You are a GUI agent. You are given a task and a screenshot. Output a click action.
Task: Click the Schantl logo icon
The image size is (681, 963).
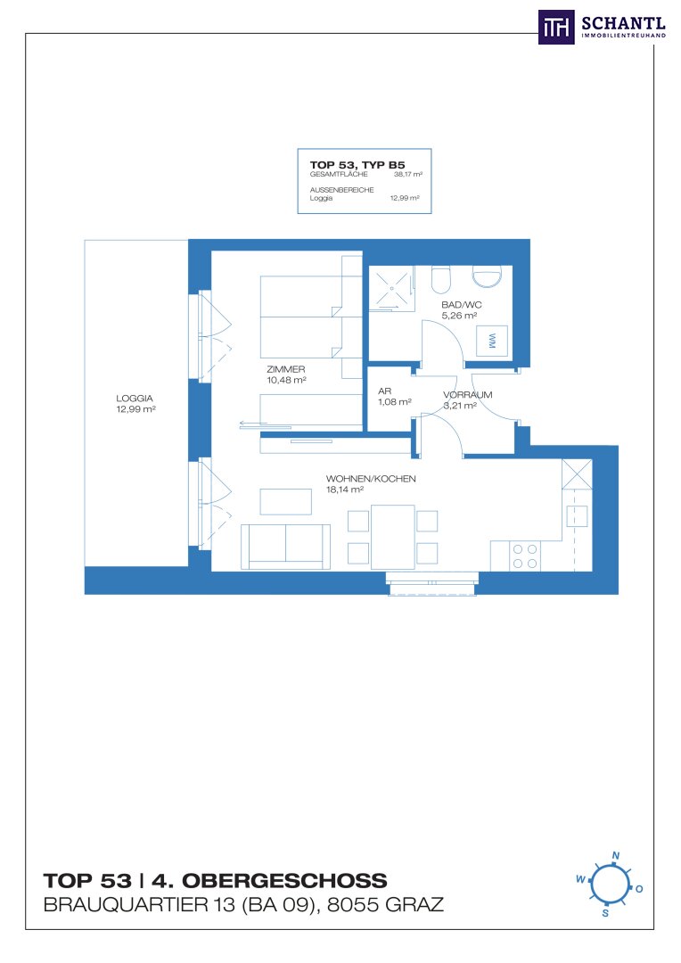[556, 27]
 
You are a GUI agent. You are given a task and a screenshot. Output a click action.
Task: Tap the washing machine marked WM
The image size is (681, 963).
[493, 341]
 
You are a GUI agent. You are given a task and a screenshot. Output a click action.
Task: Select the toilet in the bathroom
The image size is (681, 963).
[441, 279]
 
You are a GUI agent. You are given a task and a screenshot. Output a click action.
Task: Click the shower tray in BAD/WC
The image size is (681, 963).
[391, 287]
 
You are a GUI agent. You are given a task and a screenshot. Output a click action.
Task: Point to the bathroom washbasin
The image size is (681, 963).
[487, 276]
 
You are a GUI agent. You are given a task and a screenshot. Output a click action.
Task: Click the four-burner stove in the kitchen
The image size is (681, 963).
[525, 556]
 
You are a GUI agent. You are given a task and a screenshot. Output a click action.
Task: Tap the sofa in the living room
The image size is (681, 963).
[285, 547]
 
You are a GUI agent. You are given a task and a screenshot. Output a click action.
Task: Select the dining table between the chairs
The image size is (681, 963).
[392, 537]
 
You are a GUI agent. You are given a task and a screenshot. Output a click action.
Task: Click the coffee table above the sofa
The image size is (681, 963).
[285, 501]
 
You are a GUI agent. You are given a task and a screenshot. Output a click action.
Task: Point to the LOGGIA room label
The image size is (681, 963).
[135, 399]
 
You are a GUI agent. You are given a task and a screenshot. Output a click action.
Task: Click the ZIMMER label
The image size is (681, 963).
[285, 369]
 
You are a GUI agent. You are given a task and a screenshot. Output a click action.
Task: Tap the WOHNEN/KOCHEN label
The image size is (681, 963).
[371, 479]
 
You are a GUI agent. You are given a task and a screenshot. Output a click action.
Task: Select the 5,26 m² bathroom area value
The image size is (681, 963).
[459, 316]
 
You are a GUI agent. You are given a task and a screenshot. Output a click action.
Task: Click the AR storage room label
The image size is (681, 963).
[384, 391]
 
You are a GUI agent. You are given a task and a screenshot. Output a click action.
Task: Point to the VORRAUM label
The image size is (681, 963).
[468, 395]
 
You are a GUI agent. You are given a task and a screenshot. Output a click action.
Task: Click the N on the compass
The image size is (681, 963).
[616, 855]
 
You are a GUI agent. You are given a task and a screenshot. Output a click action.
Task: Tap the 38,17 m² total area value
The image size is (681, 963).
[407, 175]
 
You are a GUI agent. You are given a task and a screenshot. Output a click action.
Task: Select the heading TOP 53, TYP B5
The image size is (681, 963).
[357, 165]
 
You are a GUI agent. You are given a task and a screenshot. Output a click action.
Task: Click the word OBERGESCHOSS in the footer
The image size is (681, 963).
[284, 881]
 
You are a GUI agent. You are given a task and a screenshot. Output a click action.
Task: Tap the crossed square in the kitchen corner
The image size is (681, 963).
[578, 474]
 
